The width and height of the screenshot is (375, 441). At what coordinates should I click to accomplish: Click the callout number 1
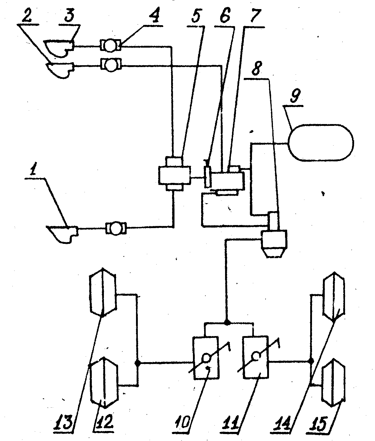pyautogui.click(x=36, y=173)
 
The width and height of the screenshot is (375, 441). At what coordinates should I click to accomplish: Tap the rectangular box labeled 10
pyautogui.click(x=206, y=357)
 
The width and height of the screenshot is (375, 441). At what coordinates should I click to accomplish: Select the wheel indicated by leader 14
pyautogui.click(x=334, y=297)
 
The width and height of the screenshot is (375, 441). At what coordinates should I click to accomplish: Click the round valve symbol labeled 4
pyautogui.click(x=110, y=46)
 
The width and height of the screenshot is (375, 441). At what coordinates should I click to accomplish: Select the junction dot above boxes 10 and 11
pyautogui.click(x=227, y=323)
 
